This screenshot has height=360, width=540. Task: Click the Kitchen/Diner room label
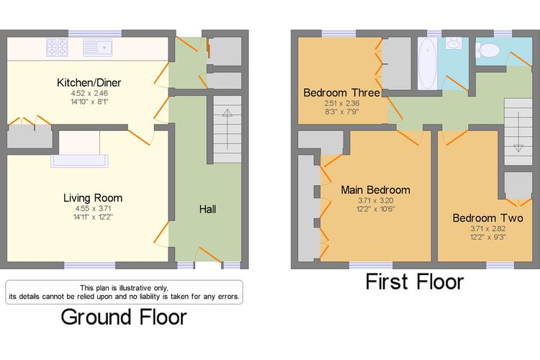pos(89,83)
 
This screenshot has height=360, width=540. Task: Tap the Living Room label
pos(93,198)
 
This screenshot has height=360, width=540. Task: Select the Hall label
pos(207,209)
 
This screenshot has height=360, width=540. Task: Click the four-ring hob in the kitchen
pos(57,48)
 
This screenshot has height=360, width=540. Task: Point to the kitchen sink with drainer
pos(98,48)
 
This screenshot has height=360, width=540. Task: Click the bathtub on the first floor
pos(428,63)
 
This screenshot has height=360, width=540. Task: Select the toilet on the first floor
pos(487,50)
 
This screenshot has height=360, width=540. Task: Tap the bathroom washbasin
pos(454,43)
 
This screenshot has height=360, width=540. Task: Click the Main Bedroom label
pos(375,190)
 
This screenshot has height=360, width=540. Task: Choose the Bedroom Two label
pos(487,218)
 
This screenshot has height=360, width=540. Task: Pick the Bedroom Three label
pos(341,93)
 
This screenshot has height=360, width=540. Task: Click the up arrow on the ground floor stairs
pos(228,129)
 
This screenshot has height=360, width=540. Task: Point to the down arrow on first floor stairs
pos(518,132)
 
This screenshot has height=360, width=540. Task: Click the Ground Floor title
pos(124,317)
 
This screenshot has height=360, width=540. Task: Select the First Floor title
pos(415,282)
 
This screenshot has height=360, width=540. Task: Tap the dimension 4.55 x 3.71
pos(93,208)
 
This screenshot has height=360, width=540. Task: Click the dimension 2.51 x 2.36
pos(341,103)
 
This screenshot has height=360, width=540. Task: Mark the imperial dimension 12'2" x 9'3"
pos(488,237)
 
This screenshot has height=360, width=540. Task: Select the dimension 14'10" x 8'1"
pos(89,102)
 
